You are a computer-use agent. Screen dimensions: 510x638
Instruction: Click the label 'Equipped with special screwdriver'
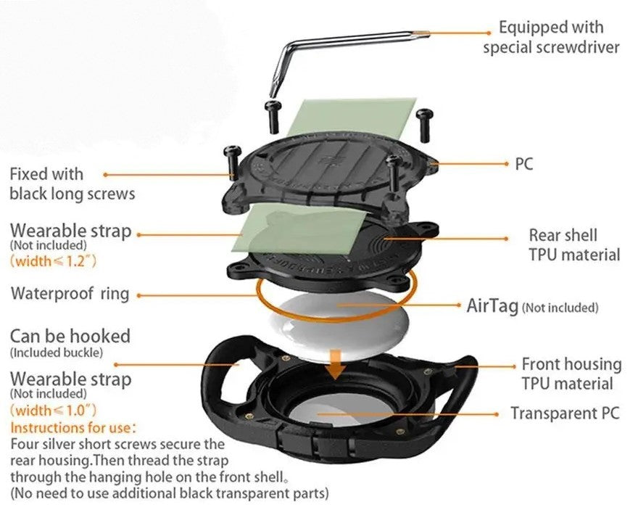552,38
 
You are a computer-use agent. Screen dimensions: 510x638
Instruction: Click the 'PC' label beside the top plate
524,163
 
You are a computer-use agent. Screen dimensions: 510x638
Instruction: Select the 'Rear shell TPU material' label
573,244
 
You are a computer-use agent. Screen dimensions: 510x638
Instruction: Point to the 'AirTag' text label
493,305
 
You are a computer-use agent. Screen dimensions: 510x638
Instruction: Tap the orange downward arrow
334,362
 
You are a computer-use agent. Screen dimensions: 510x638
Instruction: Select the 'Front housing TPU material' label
571,374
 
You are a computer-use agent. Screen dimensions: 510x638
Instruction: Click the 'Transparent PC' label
565,414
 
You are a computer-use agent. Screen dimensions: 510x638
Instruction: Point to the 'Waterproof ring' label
70,294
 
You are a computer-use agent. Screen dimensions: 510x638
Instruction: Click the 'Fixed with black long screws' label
72,184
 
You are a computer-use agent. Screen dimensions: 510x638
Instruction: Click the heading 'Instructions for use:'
75,428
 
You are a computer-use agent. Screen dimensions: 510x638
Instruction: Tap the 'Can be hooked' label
70,336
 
